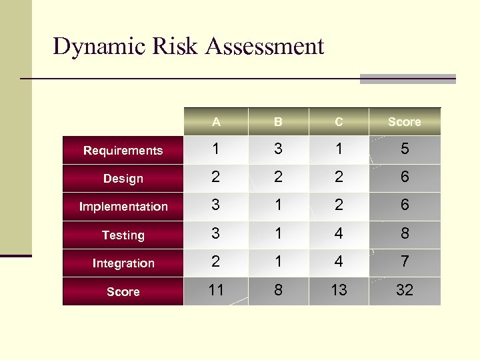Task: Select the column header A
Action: coord(216,122)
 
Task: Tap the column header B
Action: coord(278,122)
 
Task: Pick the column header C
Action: coord(339,122)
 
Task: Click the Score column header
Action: coord(404,122)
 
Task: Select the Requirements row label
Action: coord(123,151)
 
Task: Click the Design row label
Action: coord(123,179)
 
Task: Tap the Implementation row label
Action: coord(123,207)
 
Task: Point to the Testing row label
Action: coord(123,235)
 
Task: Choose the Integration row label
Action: coord(123,263)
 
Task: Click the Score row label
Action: coord(123,292)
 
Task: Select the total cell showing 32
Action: coord(404,291)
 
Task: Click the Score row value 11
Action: coord(216,291)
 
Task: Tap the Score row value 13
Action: coord(339,291)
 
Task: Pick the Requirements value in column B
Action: coord(278,150)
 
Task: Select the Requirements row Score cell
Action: coord(404,150)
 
